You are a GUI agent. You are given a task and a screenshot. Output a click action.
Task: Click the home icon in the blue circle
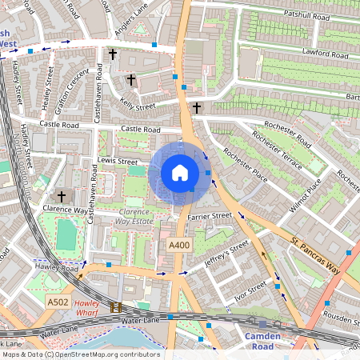(180, 173)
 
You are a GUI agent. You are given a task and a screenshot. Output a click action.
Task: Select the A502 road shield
(58, 302)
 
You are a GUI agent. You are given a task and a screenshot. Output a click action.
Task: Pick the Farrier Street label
(210, 216)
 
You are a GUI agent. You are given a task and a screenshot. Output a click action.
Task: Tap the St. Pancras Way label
(315, 254)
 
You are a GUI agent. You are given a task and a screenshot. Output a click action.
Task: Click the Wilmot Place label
(305, 194)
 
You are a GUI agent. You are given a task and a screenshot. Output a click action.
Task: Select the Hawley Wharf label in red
(90, 308)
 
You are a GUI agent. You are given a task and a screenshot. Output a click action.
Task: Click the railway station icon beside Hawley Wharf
(116, 307)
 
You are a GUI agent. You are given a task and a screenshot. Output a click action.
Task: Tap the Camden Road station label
(262, 341)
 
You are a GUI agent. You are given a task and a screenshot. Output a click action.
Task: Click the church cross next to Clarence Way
(61, 196)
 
